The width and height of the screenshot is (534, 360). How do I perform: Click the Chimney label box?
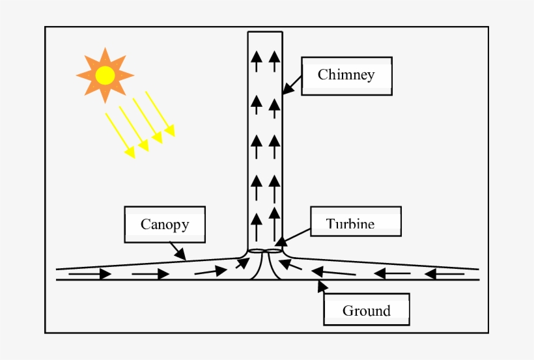346,76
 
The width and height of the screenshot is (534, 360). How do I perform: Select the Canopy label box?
165,225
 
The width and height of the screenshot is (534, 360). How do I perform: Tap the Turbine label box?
356,221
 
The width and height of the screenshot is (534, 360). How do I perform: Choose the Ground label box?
367,310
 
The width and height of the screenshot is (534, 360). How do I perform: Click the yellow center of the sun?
105,76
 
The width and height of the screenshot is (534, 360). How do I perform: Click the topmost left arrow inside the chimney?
257,61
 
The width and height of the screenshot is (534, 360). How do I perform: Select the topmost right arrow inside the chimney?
274,61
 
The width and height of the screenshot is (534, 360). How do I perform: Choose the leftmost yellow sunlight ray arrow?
120,135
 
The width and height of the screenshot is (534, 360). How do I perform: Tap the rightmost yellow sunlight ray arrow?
160,114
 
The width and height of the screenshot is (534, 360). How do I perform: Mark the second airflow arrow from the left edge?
150,275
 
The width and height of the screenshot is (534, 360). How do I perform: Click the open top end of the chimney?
265,32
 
